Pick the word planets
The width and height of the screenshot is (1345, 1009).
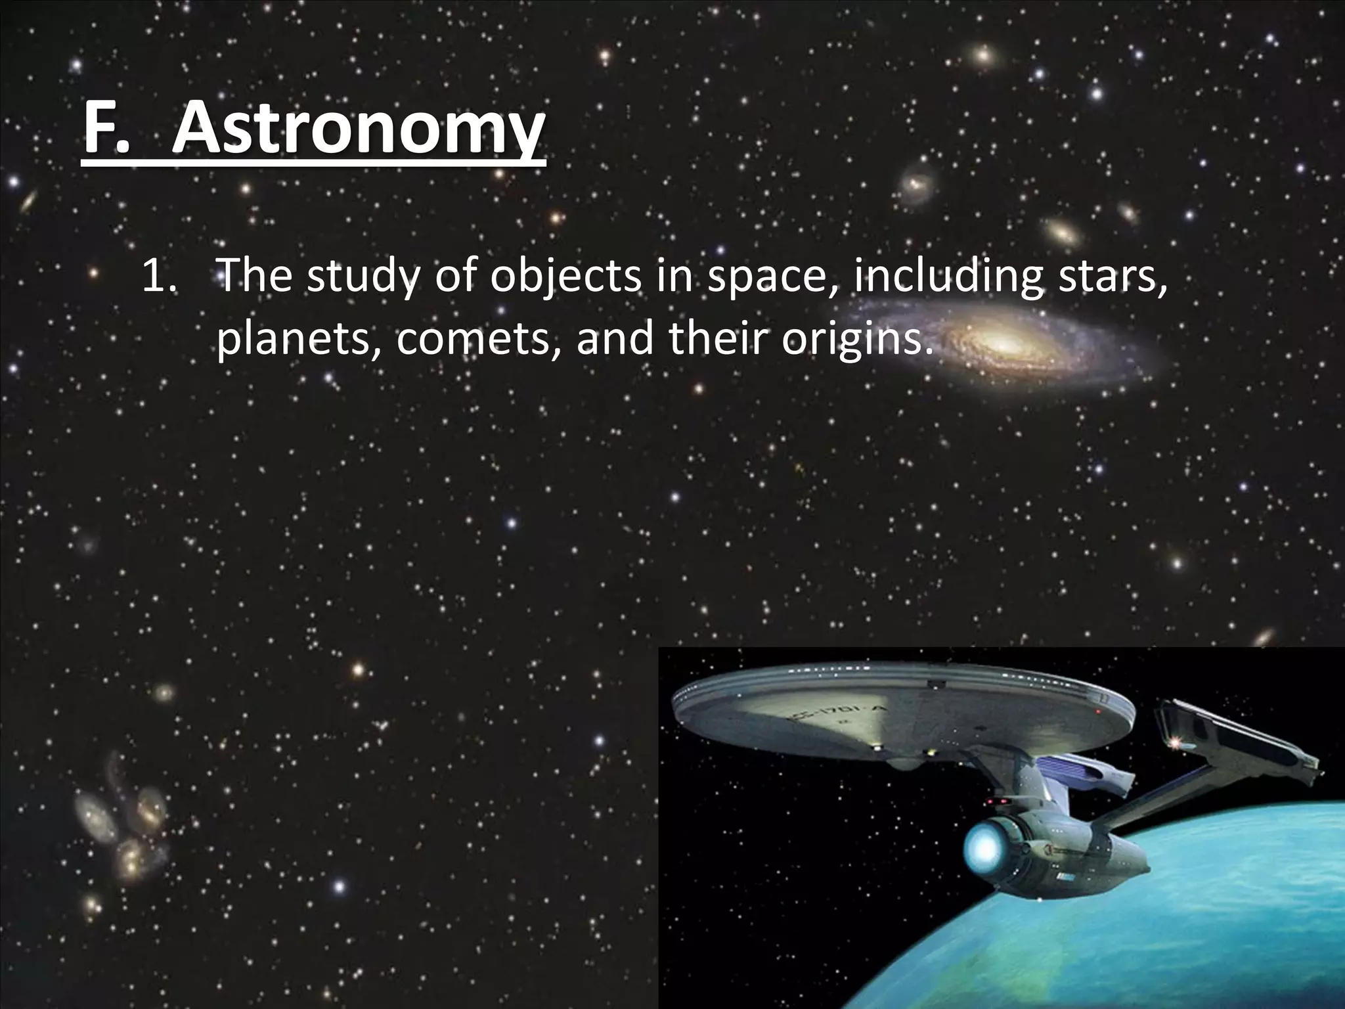coord(299,340)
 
